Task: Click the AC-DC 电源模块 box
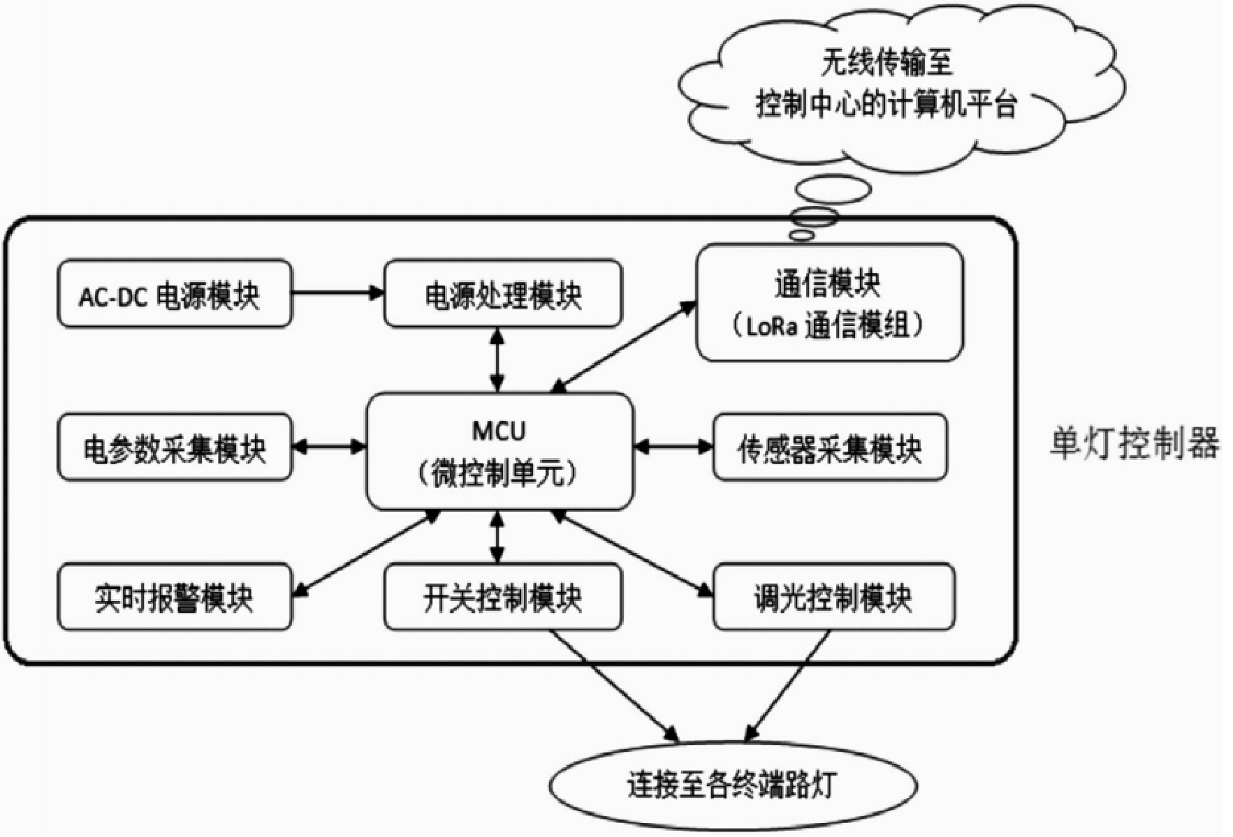pos(174,294)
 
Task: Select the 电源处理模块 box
pos(502,294)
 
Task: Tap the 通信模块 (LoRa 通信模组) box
pos(829,302)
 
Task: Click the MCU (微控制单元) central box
pos(499,451)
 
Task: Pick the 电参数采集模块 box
pos(174,447)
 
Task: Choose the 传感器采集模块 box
pos(829,447)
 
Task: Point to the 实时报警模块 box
pos(174,597)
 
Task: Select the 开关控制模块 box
pos(502,597)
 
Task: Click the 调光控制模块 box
pos(833,597)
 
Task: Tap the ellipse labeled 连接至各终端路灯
pos(732,785)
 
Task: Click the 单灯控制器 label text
pos(1134,443)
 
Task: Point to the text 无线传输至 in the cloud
pos(886,63)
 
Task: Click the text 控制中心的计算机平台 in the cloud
pos(886,105)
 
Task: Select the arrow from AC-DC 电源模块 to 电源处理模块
pos(338,292)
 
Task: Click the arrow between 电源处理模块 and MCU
pos(497,360)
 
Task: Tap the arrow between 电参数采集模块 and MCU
pos(329,446)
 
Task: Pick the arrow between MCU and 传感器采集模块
pos(673,446)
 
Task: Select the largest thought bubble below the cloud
pos(833,189)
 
